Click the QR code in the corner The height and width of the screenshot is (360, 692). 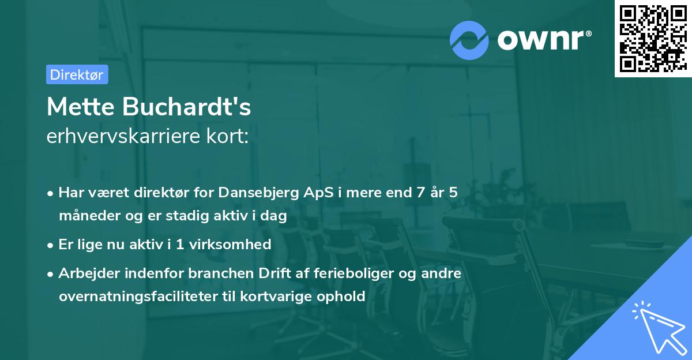coord(653,39)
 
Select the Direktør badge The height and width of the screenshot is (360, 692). coord(77,74)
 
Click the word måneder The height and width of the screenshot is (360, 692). coord(89,216)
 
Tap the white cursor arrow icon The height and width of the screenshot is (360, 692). coord(657,329)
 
